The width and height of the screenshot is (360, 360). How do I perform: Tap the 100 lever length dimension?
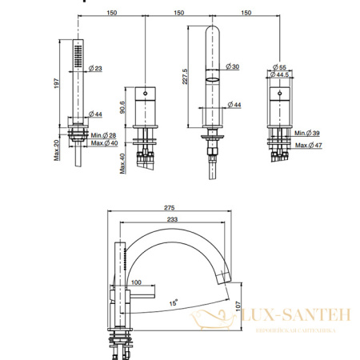135,282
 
